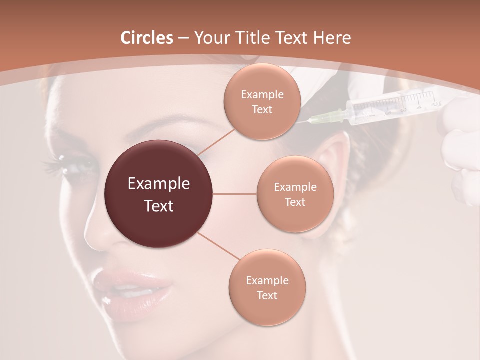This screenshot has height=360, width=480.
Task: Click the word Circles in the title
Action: [x=146, y=38]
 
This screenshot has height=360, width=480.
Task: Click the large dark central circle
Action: [x=159, y=194]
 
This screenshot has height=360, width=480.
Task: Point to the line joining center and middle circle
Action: [x=235, y=194]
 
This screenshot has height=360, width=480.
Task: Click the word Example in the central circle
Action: [x=159, y=184]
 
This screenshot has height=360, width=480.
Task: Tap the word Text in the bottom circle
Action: [x=267, y=295]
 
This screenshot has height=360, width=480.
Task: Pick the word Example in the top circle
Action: [x=262, y=94]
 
